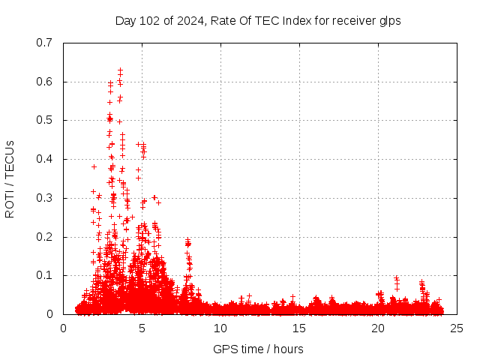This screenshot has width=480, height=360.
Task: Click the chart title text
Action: (258, 21)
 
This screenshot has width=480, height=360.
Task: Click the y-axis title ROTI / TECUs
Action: (10, 178)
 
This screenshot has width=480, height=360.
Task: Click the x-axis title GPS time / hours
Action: (258, 349)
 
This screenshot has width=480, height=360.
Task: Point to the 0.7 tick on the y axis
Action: (46, 43)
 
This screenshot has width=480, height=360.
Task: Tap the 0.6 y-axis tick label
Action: (46, 82)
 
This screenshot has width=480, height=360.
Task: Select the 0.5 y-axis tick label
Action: (46, 120)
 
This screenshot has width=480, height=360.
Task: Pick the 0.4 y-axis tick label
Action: (46, 159)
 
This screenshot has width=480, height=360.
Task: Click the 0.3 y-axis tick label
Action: (46, 198)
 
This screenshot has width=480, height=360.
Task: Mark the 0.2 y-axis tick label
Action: (46, 237)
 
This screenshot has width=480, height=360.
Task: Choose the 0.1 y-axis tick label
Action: (46, 275)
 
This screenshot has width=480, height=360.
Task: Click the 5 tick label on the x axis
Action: (142, 328)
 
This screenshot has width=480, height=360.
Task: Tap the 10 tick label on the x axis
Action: (220, 328)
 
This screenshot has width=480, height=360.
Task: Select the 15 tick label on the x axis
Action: (299, 328)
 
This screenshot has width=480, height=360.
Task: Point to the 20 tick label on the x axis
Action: (378, 328)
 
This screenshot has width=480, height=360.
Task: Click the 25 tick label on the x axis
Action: (457, 328)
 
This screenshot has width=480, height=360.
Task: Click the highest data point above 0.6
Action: (120, 70)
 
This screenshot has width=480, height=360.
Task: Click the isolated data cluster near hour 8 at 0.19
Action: (187, 241)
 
